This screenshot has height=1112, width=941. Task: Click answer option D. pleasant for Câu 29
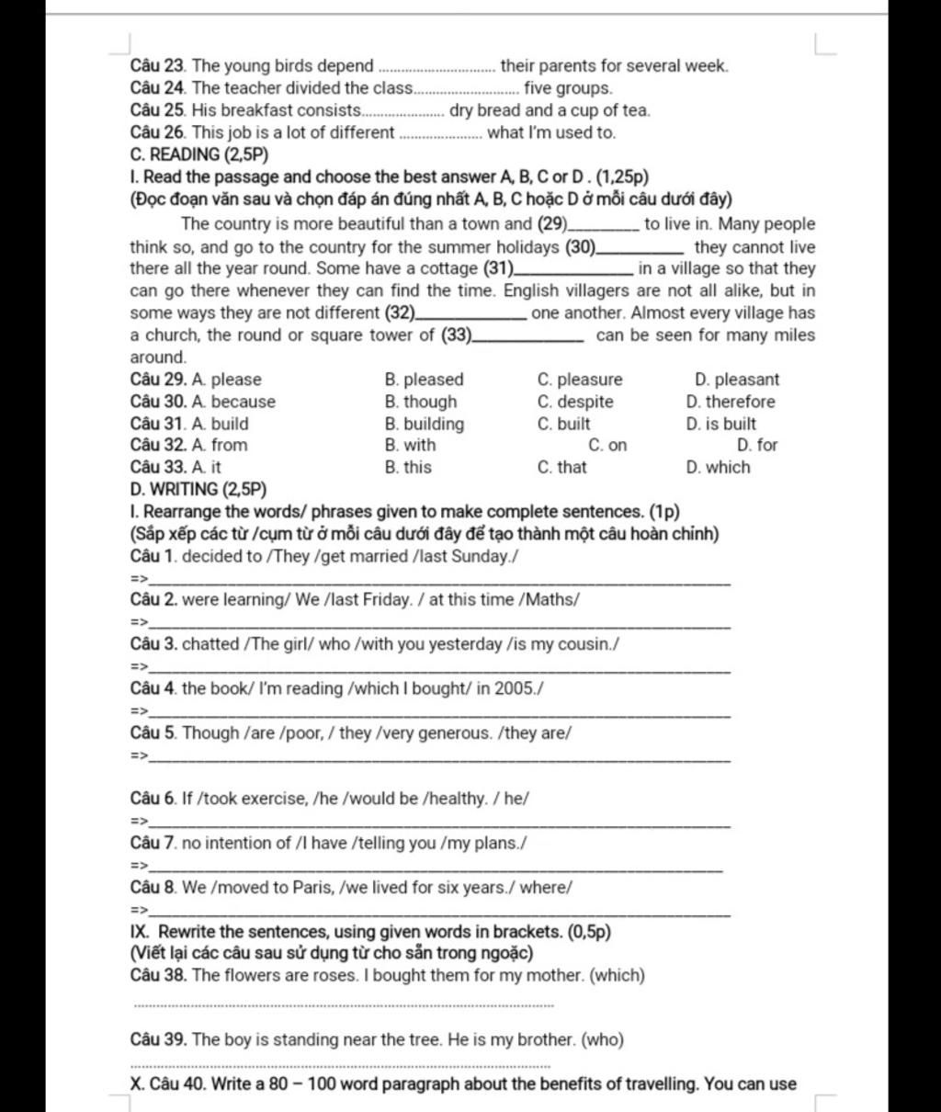737,380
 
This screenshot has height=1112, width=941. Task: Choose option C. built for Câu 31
563,424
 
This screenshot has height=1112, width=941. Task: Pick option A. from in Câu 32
220,445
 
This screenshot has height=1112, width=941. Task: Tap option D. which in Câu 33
718,467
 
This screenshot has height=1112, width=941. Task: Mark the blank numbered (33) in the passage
527,336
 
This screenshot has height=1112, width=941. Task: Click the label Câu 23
159,66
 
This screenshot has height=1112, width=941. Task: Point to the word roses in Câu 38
334,976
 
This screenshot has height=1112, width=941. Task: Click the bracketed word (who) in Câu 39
604,1040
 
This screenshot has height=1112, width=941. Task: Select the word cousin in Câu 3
584,644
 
